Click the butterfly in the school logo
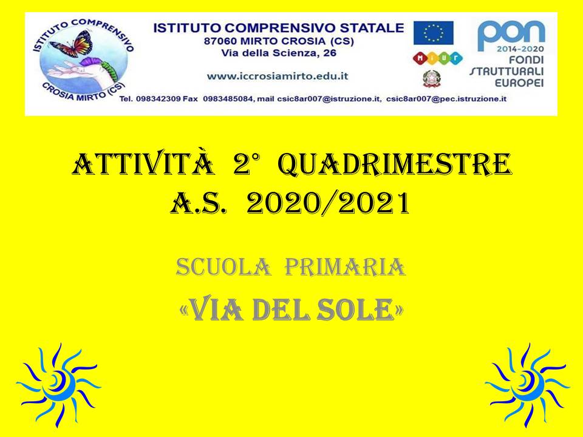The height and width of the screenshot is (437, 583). [x=72, y=44]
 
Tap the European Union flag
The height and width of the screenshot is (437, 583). [x=434, y=33]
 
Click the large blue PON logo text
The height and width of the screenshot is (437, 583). [x=511, y=35]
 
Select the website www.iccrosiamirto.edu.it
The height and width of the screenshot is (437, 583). [x=278, y=76]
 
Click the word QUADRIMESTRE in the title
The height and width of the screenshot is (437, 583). [x=395, y=164]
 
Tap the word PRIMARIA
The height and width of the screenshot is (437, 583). [x=345, y=267]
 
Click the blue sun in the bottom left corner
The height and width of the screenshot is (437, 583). [x=58, y=385]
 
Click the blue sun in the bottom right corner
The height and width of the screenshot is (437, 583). [x=527, y=385]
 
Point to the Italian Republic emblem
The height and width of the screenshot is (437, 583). [x=432, y=79]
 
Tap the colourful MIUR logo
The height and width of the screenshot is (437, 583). [x=438, y=58]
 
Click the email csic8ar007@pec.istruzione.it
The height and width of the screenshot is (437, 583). [x=446, y=99]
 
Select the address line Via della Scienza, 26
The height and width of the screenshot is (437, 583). [x=279, y=53]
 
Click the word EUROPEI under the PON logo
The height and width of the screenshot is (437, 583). [x=519, y=83]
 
